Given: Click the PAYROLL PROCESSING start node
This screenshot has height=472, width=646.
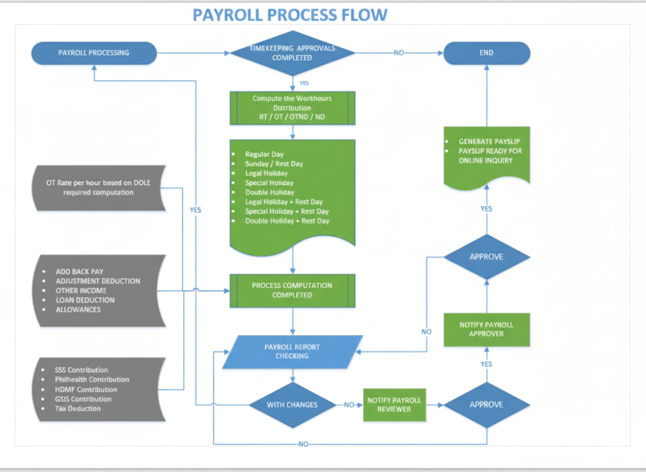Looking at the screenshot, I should click(93, 53).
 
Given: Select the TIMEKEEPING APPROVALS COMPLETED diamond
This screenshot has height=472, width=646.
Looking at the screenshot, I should click(292, 53).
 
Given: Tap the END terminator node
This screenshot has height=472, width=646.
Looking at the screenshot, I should click(486, 53).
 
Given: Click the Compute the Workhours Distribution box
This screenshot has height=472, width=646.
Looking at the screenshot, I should click(292, 107).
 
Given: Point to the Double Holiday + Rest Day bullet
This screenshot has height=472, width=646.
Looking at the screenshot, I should click(287, 221).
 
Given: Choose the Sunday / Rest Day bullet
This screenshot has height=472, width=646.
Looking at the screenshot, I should click(274, 164).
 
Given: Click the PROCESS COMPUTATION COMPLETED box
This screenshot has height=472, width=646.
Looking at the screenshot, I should click(292, 290).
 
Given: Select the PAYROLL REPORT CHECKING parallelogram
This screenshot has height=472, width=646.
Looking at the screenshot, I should click(292, 351).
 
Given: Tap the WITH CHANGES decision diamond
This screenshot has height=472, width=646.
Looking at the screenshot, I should click(292, 405).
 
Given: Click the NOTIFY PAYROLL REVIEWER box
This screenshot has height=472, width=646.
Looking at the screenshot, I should click(394, 405).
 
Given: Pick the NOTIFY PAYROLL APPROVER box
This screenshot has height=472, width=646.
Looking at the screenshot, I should click(486, 329).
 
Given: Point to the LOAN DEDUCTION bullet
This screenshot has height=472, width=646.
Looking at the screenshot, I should click(85, 300).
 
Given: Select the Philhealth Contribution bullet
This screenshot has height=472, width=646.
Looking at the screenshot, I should click(91, 380).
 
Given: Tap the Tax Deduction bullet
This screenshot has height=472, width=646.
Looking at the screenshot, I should click(78, 409).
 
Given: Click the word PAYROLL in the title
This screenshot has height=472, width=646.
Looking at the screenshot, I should click(231, 14).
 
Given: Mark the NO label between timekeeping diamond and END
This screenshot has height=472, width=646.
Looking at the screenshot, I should click(399, 53).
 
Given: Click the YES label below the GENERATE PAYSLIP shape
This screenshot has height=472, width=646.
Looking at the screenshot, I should click(486, 209).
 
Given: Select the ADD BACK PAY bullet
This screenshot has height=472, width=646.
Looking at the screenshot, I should click(79, 272).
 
